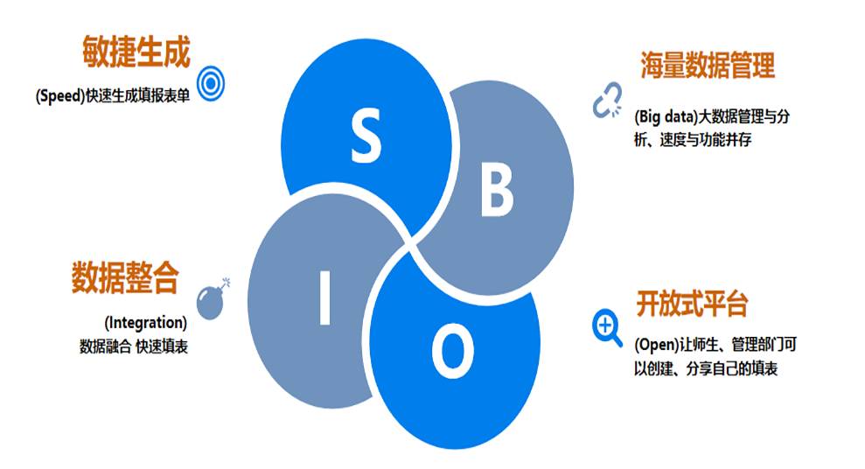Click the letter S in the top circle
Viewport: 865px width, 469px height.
pos(366,135)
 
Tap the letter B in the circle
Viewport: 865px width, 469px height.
pos(497,191)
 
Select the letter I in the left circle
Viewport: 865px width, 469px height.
pos(325,297)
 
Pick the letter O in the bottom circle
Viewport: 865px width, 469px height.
pos(452,350)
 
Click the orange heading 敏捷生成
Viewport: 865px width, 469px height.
pos(136,52)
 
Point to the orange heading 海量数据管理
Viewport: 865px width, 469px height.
pos(708,66)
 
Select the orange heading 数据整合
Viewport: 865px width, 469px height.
pos(125,277)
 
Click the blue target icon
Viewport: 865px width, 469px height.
pos(211,83)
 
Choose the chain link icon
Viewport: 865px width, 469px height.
pos(607,100)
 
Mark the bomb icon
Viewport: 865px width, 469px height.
pos(213,299)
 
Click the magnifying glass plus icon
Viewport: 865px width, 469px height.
pos(607,328)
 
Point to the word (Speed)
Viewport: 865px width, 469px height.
pos(60,95)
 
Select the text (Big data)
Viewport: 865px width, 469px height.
pos(666,116)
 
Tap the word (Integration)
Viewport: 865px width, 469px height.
pos(146,322)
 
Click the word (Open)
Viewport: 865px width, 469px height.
pos(656,345)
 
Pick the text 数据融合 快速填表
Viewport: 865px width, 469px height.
pos(134,346)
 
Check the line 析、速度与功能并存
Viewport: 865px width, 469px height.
pos(693,140)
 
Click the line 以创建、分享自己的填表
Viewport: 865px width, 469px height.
pos(706,368)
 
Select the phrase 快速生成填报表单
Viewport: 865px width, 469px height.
pos(138,95)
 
